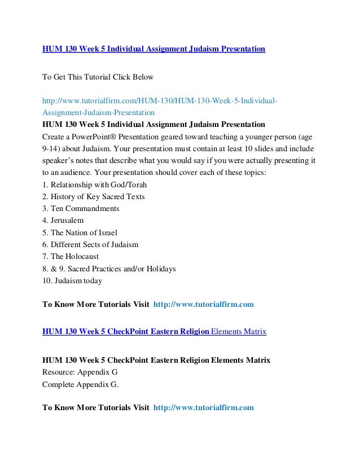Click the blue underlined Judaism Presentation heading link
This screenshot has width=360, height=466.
[153, 49]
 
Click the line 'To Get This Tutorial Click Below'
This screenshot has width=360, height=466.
[98, 76]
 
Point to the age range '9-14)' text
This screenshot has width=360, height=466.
[52, 148]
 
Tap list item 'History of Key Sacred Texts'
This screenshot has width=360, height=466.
[96, 196]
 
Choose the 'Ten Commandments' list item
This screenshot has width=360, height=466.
[84, 209]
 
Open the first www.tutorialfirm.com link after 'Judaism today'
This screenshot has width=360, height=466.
[204, 305]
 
